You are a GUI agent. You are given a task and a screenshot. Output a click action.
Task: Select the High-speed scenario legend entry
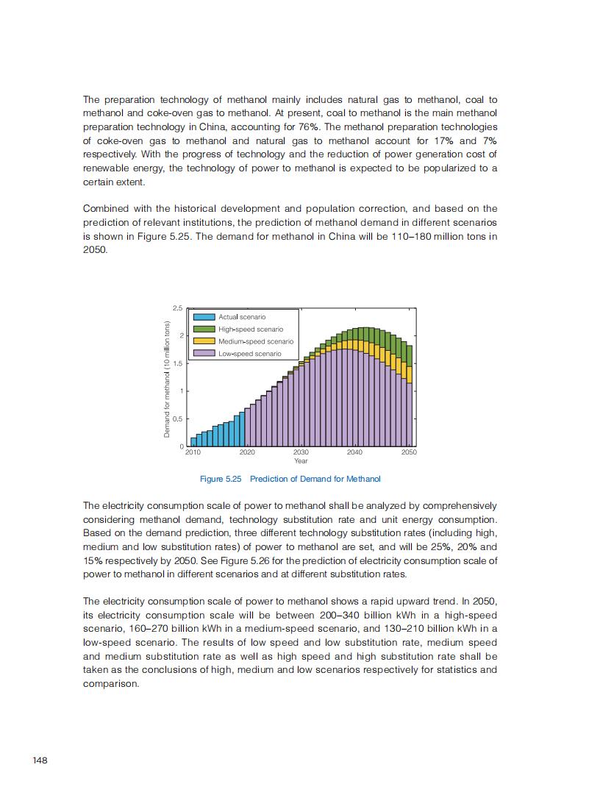tap(250, 329)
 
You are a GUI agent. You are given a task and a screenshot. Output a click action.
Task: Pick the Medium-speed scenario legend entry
tap(255, 341)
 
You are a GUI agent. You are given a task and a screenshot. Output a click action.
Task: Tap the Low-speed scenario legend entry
tap(249, 354)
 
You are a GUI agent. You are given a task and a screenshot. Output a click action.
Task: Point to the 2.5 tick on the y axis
tap(177, 307)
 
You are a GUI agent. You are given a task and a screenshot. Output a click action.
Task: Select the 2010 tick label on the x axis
tap(193, 452)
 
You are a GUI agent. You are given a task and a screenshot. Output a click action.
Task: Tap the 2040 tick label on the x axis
tap(354, 452)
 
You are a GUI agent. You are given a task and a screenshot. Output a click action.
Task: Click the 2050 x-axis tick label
tap(409, 452)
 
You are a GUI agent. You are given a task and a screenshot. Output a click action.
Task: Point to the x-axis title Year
tap(301, 461)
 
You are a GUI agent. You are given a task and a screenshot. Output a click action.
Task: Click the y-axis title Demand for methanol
tap(167, 379)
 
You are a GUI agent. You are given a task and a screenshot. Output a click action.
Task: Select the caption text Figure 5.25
tap(221, 480)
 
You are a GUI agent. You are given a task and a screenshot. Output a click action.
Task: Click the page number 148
tap(40, 760)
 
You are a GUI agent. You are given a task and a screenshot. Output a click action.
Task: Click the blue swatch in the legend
tap(204, 317)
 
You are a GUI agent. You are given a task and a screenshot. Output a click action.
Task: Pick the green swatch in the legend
tap(204, 329)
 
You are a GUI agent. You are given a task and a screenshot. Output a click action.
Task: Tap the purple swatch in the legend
tap(204, 354)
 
